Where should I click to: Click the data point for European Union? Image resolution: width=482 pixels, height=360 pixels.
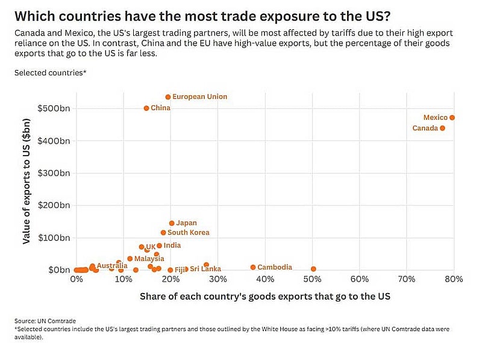(x=168, y=97)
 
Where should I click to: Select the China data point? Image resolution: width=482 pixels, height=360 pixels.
(x=146, y=109)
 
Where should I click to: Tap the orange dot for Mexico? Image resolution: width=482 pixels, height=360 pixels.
(x=452, y=118)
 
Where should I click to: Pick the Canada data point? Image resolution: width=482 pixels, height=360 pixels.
(x=442, y=128)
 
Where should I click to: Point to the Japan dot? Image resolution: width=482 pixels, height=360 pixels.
(x=172, y=223)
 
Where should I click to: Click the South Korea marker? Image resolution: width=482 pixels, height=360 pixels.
(x=163, y=233)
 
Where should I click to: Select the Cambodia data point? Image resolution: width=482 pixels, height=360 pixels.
(x=253, y=267)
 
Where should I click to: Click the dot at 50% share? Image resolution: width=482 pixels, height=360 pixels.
(x=313, y=269)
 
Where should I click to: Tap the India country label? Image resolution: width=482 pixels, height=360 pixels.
(x=172, y=245)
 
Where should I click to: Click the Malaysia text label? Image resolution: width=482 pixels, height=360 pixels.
(x=149, y=259)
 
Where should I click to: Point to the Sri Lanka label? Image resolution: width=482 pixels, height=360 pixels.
(x=205, y=268)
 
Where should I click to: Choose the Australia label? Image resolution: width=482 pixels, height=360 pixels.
(x=112, y=265)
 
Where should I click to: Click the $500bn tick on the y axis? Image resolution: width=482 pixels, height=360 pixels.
(x=54, y=109)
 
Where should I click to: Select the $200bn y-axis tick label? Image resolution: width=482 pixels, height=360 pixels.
(x=54, y=205)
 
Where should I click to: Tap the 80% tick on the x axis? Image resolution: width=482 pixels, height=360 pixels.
(x=454, y=279)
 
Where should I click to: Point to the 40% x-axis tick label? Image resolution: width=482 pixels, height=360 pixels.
(x=265, y=279)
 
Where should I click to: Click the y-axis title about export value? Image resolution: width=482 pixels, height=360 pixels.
(x=27, y=182)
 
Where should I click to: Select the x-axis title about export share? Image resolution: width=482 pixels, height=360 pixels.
(x=265, y=296)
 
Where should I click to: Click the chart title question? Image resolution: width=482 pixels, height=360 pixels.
(x=202, y=16)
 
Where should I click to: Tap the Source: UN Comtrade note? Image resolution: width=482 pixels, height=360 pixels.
(x=45, y=321)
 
